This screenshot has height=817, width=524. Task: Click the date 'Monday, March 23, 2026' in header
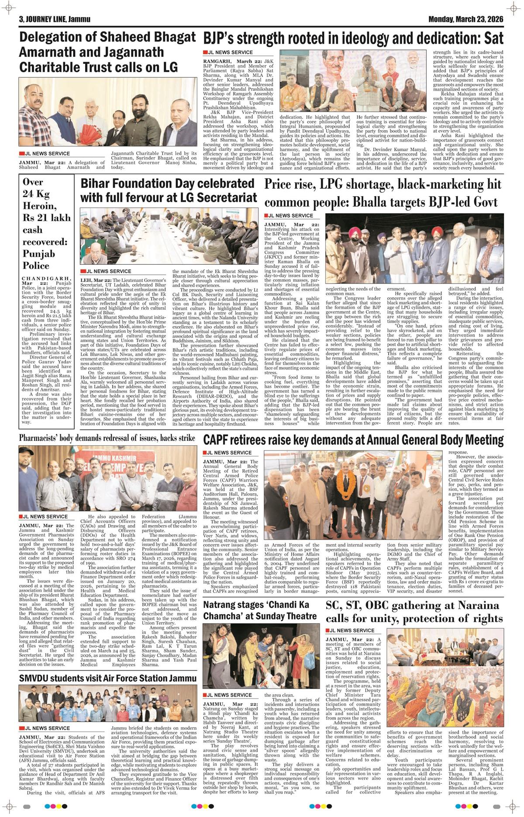click(466, 20)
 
